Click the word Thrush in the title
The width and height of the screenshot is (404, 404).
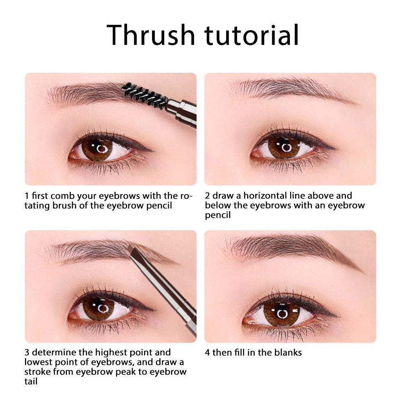(x=150, y=35)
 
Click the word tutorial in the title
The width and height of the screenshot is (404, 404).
(x=252, y=35)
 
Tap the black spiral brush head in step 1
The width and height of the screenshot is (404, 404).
(x=144, y=95)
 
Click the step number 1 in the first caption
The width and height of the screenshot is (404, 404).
(x=27, y=196)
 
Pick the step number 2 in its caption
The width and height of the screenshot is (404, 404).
(x=207, y=196)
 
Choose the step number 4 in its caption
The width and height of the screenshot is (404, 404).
(x=207, y=352)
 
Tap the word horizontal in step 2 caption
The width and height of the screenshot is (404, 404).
(x=265, y=196)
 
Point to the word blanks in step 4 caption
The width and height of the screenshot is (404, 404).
(x=288, y=352)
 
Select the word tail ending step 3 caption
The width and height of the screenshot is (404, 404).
(x=31, y=381)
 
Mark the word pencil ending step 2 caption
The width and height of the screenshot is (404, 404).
(x=218, y=215)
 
